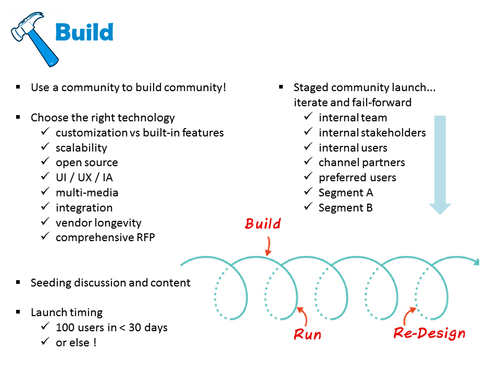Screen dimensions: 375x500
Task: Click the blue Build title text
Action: tap(84, 32)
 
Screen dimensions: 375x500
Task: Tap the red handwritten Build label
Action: tap(262, 224)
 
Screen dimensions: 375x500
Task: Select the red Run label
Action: tap(307, 333)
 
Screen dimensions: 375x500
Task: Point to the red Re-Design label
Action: tap(429, 333)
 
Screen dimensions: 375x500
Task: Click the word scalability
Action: tap(81, 147)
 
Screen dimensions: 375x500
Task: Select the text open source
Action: tap(87, 162)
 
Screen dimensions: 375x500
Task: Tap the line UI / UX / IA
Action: tap(84, 178)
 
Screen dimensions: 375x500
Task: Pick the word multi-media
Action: tap(87, 193)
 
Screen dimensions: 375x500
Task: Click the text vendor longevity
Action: tap(98, 223)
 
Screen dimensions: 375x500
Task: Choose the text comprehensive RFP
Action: tap(105, 238)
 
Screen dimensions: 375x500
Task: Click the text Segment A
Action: tap(346, 193)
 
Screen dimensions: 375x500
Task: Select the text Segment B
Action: tap(346, 208)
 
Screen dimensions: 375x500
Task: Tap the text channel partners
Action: tap(362, 162)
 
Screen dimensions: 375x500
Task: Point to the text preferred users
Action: tap(357, 178)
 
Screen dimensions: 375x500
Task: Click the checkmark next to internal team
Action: tap(308, 117)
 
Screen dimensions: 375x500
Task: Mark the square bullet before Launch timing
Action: tap(19, 312)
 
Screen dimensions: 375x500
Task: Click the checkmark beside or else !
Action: tap(45, 343)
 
